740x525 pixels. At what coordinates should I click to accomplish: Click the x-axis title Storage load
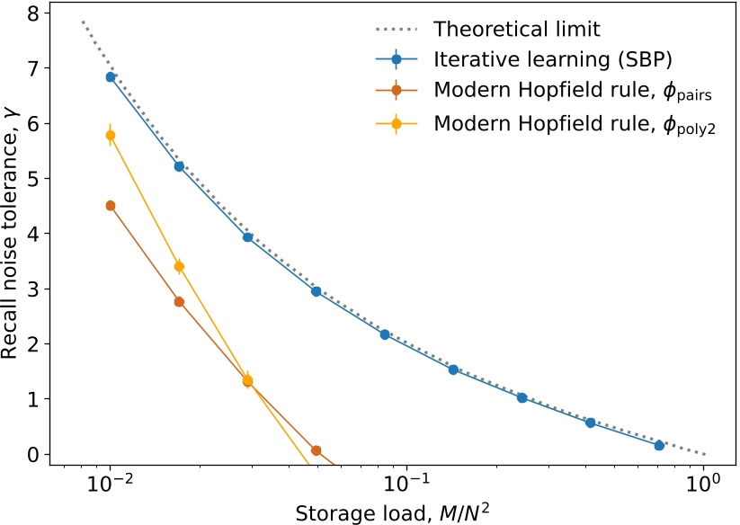[383, 513]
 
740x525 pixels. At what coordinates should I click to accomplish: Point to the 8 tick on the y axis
[33, 13]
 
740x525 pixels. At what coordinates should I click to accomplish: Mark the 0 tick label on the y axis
[33, 455]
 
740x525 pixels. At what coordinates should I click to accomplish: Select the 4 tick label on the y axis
[33, 234]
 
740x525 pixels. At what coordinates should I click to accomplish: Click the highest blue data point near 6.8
[111, 77]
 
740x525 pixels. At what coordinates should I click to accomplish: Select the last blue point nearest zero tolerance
[659, 445]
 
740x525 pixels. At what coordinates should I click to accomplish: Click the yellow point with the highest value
[111, 136]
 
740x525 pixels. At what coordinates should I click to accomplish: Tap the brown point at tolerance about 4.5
[111, 206]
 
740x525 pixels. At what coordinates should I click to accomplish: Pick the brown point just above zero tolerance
[316, 450]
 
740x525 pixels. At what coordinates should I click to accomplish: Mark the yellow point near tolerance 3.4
[179, 267]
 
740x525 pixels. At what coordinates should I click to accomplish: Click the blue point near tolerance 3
[316, 291]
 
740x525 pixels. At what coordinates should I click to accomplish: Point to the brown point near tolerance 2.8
[179, 302]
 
